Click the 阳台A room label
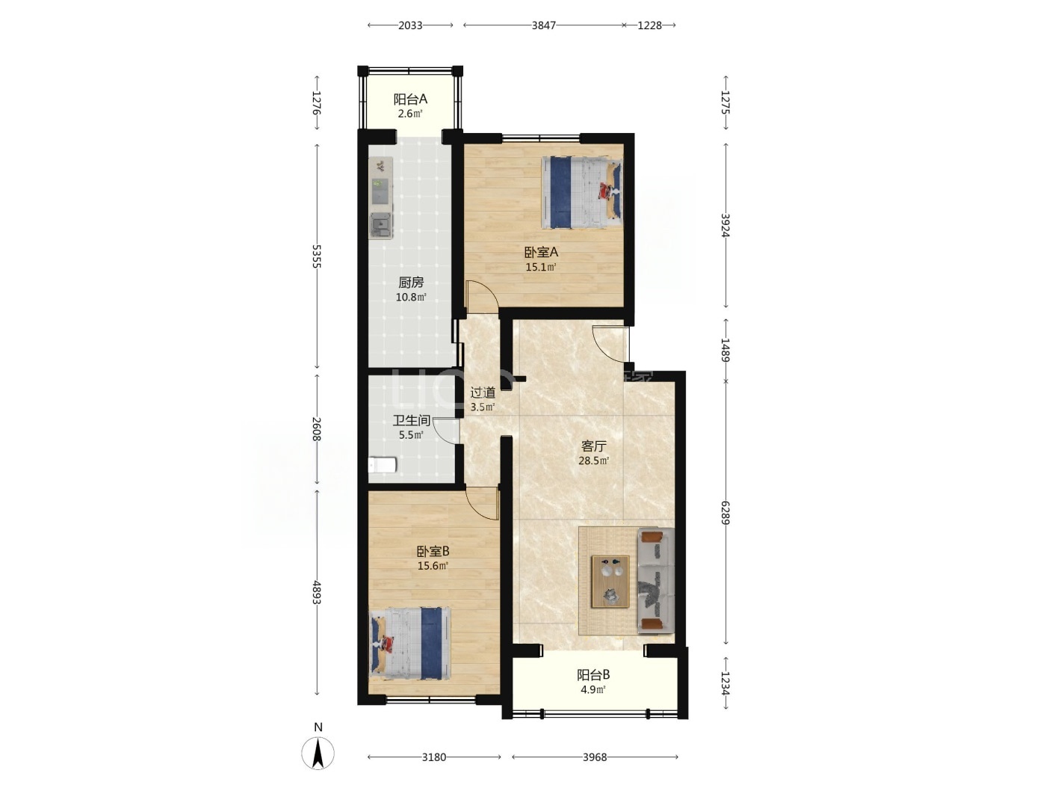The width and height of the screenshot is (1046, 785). click(x=410, y=99)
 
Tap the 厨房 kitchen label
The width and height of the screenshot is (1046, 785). click(x=411, y=283)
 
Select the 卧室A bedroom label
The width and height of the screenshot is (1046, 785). click(x=541, y=252)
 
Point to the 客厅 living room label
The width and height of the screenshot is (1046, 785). click(x=594, y=446)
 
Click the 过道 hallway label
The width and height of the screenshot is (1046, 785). click(x=483, y=392)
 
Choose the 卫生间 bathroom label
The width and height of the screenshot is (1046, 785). click(x=411, y=420)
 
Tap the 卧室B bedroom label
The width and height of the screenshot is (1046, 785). click(x=433, y=552)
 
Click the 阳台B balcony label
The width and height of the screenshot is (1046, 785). click(x=593, y=675)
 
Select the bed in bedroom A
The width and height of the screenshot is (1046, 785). click(x=582, y=193)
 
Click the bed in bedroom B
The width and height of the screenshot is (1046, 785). click(x=410, y=643)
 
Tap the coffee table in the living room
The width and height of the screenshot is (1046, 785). click(x=610, y=582)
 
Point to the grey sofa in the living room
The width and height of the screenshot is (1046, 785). click(x=656, y=581)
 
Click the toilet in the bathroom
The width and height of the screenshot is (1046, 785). click(x=383, y=465)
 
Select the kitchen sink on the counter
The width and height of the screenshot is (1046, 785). click(x=382, y=226)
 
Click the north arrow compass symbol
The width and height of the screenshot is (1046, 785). click(x=318, y=753)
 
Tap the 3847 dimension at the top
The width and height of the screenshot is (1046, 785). click(x=544, y=25)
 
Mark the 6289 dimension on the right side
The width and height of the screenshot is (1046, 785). click(x=725, y=513)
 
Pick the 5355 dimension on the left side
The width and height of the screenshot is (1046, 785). click(x=317, y=256)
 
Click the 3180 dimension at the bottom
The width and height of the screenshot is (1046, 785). click(x=434, y=757)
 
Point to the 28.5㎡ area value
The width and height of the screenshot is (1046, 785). click(x=594, y=461)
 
